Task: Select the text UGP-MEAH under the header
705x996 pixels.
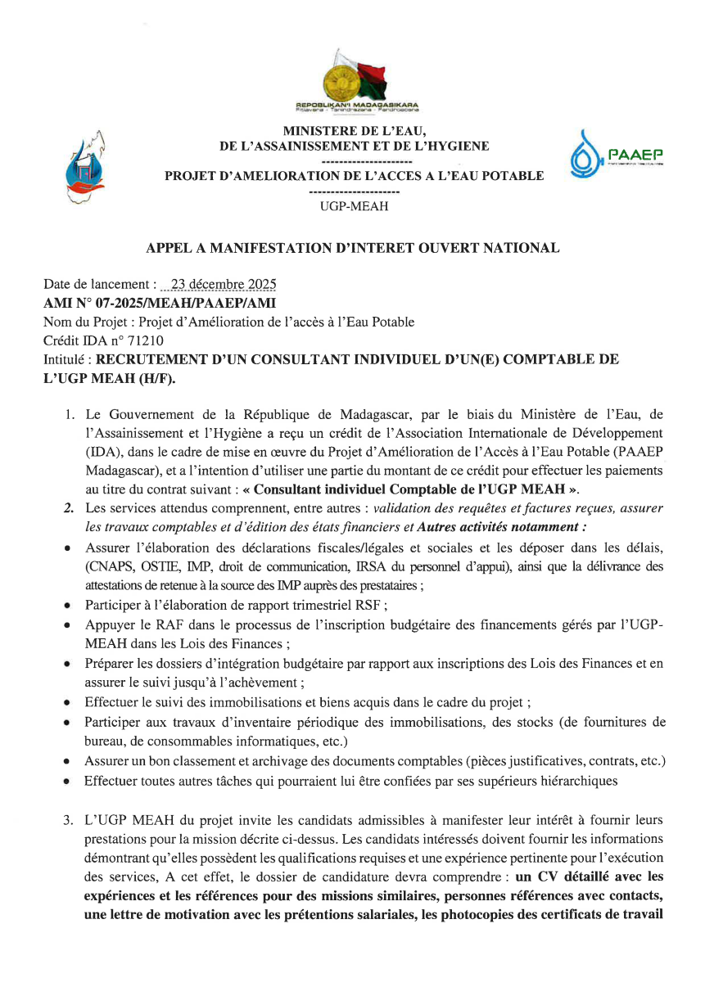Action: [x=354, y=206]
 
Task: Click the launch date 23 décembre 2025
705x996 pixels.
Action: [x=219, y=286]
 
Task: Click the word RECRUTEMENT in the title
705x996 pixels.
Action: [x=154, y=359]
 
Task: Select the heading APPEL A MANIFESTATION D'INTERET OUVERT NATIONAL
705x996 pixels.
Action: [x=353, y=248]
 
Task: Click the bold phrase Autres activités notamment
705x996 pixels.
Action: [x=508, y=527]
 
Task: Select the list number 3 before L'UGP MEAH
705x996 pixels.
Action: [x=69, y=820]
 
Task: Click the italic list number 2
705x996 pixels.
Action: [x=69, y=508]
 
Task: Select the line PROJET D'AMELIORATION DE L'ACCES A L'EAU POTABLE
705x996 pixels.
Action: [x=354, y=176]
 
